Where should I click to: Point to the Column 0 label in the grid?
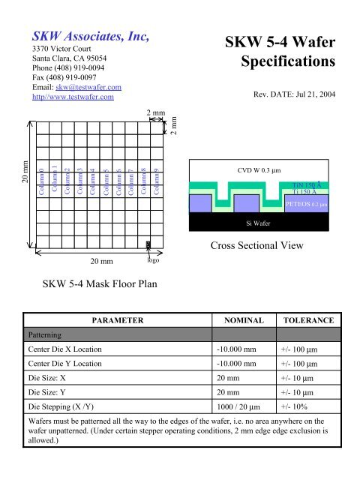tap(42, 181)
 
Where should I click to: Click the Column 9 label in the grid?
tap(156, 181)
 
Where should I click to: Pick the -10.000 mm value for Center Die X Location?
tap(240, 350)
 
